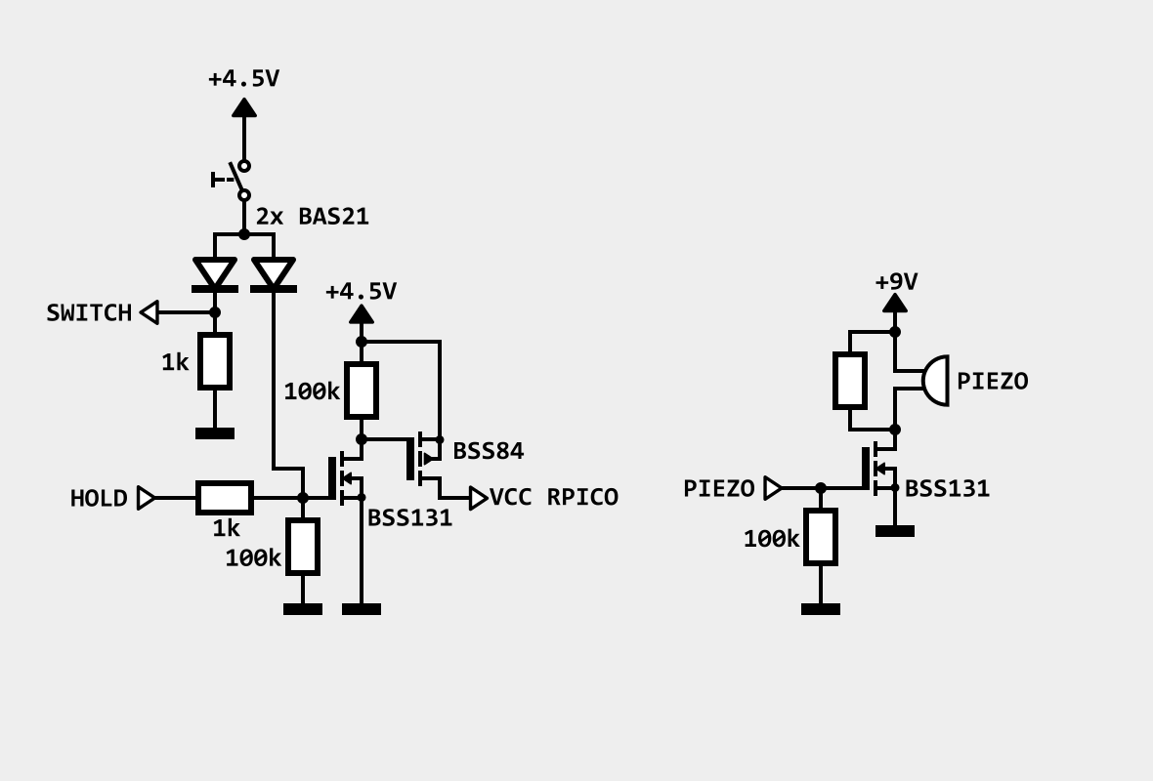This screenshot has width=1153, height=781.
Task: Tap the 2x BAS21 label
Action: tap(313, 217)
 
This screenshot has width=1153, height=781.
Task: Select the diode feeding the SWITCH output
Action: tap(215, 274)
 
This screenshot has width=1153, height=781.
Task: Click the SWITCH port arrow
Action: tap(149, 312)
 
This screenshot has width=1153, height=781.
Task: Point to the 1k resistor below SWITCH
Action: tap(215, 361)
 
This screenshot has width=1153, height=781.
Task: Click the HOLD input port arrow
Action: tap(147, 498)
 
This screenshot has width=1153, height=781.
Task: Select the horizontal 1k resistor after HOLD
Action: tap(225, 498)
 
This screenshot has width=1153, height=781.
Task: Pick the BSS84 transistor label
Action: tap(489, 451)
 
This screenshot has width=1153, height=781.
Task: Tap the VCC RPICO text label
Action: tap(554, 498)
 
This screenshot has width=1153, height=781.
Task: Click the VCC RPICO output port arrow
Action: tap(479, 498)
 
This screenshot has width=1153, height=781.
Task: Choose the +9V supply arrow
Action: tap(895, 303)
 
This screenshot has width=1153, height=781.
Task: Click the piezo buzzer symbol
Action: tap(934, 381)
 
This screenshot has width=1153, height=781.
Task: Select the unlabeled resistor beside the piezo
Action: tap(850, 381)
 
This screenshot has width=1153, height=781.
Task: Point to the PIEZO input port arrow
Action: tap(773, 488)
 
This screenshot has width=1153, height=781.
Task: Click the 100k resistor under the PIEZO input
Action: tap(821, 537)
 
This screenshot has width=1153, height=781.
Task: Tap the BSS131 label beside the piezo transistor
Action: tap(947, 488)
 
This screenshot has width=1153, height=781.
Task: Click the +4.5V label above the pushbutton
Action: tap(244, 79)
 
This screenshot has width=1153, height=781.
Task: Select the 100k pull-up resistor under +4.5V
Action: tap(362, 390)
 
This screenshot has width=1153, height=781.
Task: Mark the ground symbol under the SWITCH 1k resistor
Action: tap(215, 433)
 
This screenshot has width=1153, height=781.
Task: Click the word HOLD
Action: tap(99, 498)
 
